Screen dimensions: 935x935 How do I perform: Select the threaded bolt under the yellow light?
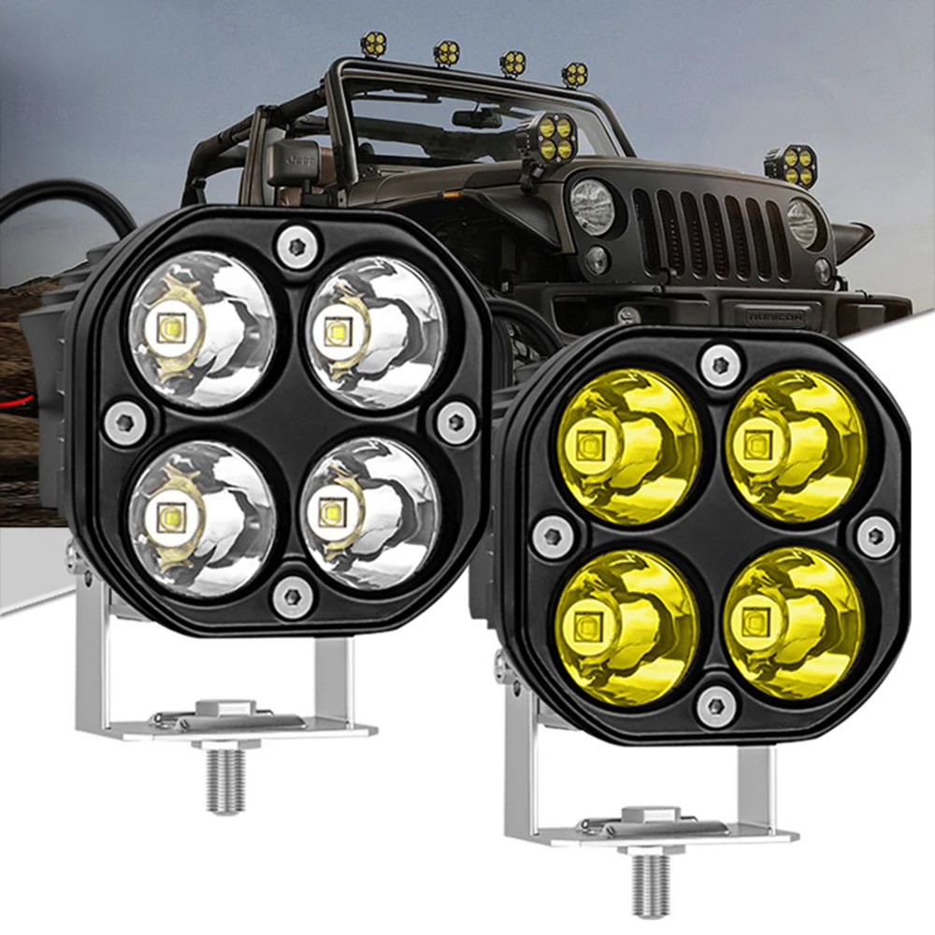tap(651, 884)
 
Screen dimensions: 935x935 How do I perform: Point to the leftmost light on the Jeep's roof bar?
tap(374, 42)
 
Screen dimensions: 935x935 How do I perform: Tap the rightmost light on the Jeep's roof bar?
tap(574, 74)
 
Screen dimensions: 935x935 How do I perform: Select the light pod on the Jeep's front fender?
tap(791, 165)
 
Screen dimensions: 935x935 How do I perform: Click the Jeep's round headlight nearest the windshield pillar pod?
tap(593, 206)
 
